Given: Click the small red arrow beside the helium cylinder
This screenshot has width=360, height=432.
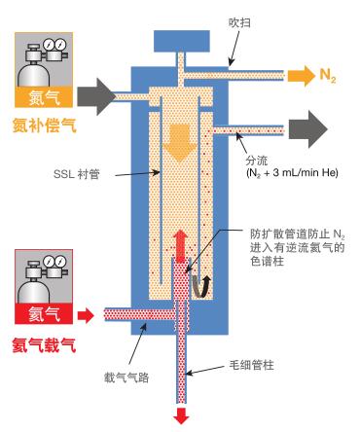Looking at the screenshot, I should [88, 313].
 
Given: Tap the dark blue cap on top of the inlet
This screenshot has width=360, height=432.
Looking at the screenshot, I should [180, 42].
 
